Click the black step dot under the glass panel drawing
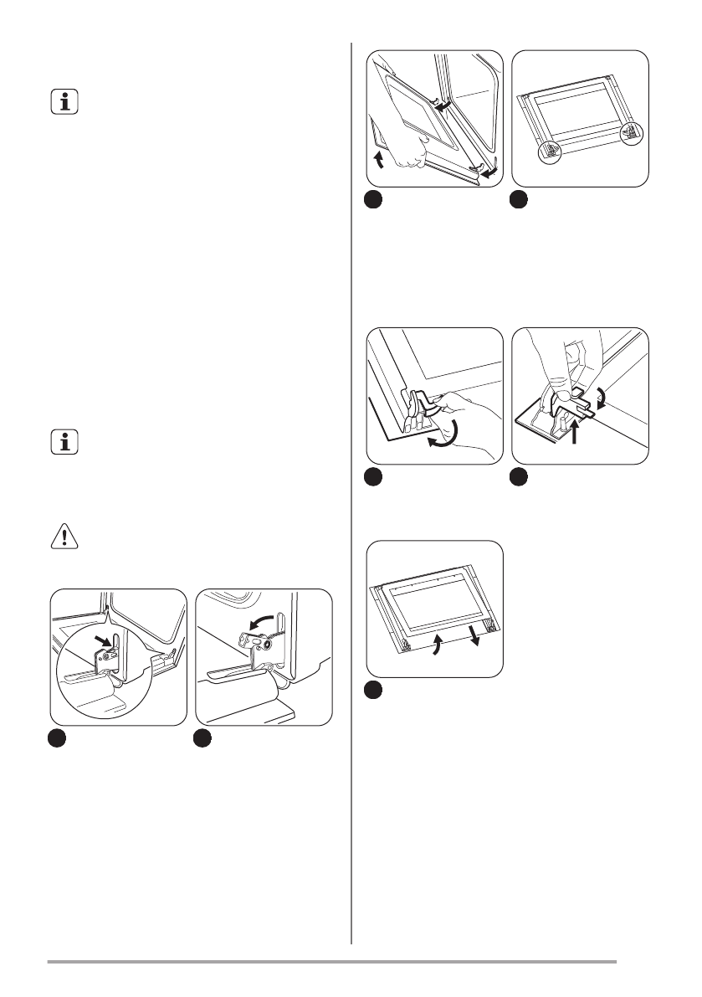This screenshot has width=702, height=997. [375, 691]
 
